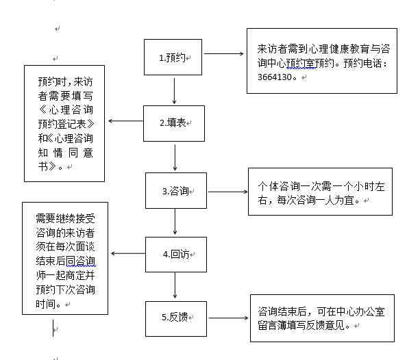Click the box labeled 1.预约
click(x=173, y=57)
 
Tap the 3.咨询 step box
click(x=175, y=190)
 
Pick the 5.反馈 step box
click(x=175, y=318)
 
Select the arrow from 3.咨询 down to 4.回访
click(x=176, y=222)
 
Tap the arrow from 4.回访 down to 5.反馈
click(x=176, y=286)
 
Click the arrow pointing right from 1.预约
click(x=225, y=53)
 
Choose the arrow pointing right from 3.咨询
click(x=227, y=190)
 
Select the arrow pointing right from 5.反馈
click(x=227, y=318)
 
